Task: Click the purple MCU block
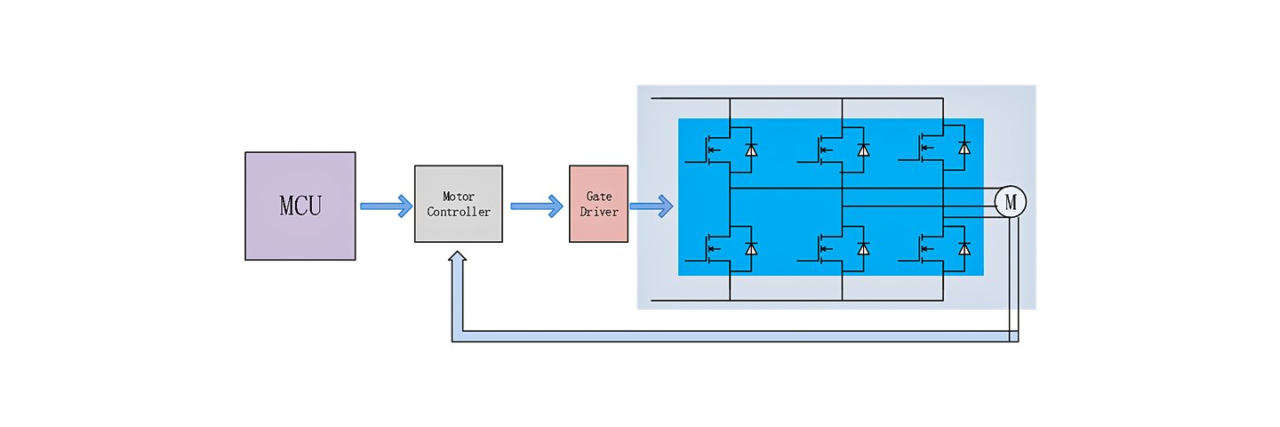tap(300, 205)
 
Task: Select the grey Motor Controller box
tap(458, 204)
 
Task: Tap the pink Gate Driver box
tap(598, 204)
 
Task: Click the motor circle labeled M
tap(1010, 203)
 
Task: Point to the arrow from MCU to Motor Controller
tap(386, 205)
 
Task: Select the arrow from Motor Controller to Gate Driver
tap(536, 205)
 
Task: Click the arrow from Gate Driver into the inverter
tap(651, 206)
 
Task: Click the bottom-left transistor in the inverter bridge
tap(715, 248)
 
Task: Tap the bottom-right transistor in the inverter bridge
tap(928, 248)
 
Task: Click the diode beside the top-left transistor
tap(751, 149)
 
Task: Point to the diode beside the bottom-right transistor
tap(964, 249)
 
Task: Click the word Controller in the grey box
tap(458, 212)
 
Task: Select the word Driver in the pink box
tap(598, 212)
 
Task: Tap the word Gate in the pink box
tap(598, 196)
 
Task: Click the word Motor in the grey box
tap(458, 196)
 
